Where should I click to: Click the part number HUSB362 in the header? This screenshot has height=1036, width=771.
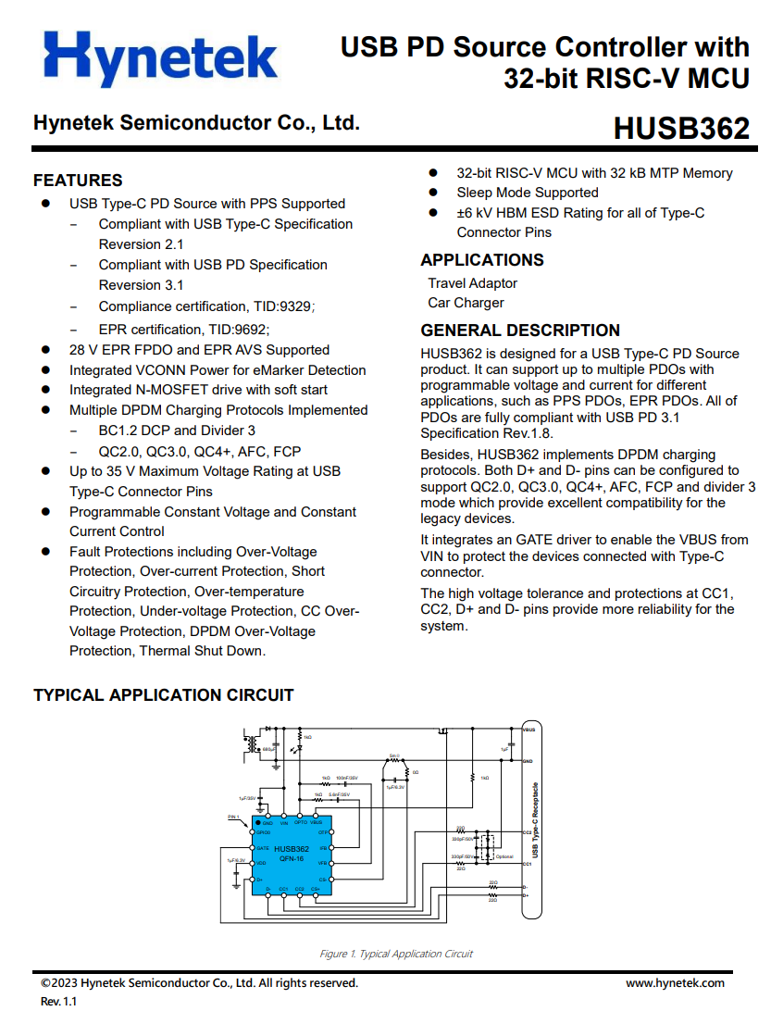(x=680, y=129)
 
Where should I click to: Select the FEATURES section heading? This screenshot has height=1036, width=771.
(x=78, y=181)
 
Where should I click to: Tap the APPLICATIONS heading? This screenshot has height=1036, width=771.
(x=482, y=260)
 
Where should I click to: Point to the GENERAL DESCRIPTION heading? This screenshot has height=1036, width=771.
(x=520, y=331)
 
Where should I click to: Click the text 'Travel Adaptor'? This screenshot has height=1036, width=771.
(x=472, y=283)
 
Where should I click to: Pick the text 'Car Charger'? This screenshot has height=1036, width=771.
(x=466, y=303)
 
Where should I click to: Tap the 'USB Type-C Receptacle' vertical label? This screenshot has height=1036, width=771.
(x=535, y=824)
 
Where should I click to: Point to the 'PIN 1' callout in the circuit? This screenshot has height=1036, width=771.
(x=234, y=818)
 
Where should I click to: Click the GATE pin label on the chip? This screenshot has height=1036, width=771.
(x=263, y=848)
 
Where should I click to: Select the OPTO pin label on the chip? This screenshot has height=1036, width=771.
(x=301, y=822)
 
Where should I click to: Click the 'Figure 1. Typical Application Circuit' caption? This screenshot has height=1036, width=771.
(x=396, y=954)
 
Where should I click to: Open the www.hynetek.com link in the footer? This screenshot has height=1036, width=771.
(x=675, y=983)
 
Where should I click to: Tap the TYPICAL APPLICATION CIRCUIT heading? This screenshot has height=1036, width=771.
(x=163, y=695)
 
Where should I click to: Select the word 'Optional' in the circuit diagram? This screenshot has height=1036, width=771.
(x=504, y=856)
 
